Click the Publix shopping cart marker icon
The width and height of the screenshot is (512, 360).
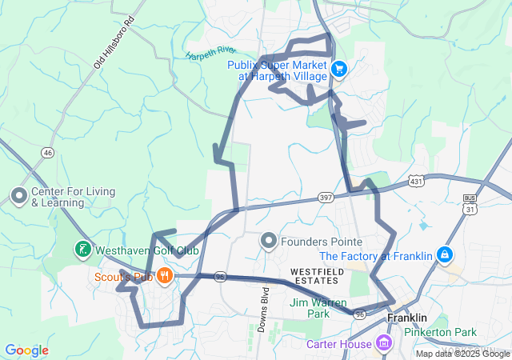[x=338, y=70]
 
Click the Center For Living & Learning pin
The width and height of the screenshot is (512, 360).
[x=18, y=195]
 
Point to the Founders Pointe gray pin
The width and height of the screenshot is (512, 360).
[x=269, y=241]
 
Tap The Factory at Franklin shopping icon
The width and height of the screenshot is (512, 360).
[x=444, y=256]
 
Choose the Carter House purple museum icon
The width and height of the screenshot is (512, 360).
[x=384, y=344]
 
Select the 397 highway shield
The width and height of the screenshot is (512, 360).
[x=325, y=196]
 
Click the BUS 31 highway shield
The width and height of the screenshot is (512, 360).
[x=470, y=204]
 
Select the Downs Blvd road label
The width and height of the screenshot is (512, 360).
[x=263, y=305]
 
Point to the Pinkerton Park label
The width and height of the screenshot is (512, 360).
[x=439, y=332]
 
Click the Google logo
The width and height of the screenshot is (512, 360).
[x=26, y=350]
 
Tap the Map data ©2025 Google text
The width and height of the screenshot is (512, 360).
[x=462, y=354]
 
